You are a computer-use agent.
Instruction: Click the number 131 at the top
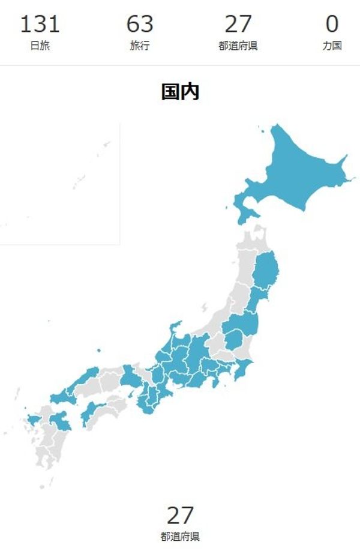click(40, 25)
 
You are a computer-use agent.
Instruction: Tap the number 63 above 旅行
click(140, 25)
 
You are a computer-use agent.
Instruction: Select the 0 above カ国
click(332, 25)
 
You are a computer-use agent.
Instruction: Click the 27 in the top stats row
click(238, 25)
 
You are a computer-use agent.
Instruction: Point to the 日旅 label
click(40, 46)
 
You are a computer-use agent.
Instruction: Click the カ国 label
click(332, 46)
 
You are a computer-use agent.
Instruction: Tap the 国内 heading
click(180, 92)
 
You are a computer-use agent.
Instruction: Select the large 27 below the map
click(180, 515)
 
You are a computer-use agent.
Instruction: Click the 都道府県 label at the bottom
click(180, 536)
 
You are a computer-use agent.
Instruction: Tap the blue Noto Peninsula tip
click(175, 327)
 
